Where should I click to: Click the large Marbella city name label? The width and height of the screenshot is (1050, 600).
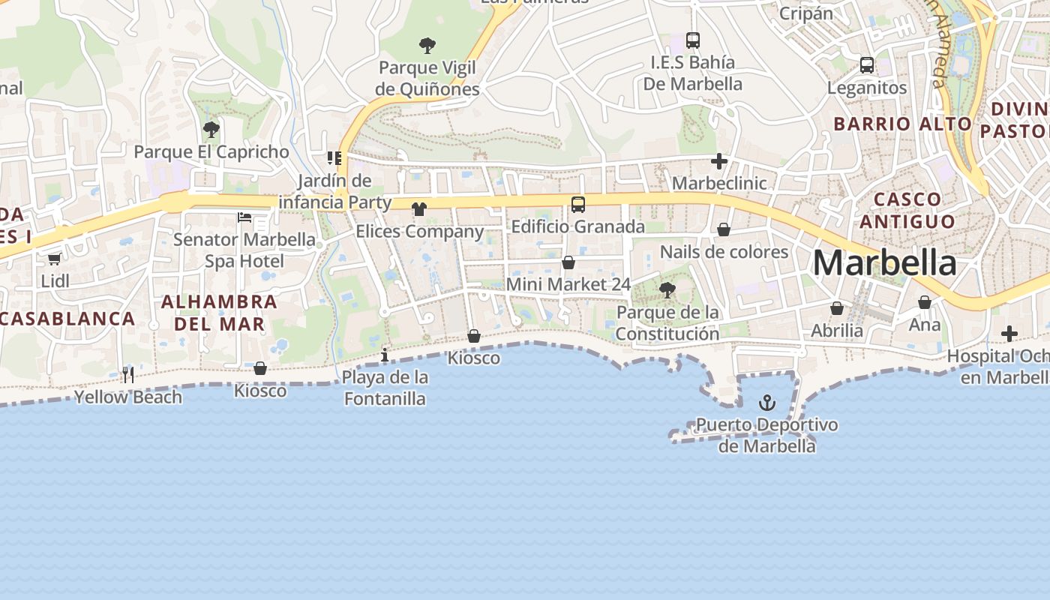tap(884, 263)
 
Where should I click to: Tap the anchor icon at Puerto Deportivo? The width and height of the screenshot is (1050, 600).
tap(766, 403)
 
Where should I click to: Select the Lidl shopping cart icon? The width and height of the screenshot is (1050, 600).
tap(54, 259)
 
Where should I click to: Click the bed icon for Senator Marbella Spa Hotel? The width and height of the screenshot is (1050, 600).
tap(244, 217)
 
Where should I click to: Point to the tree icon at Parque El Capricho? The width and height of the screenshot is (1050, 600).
tap(211, 130)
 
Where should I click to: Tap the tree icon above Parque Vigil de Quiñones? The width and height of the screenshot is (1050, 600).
tap(427, 46)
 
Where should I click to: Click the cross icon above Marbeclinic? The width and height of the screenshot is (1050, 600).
tap(719, 160)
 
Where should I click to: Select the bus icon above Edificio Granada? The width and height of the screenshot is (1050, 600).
tap(578, 204)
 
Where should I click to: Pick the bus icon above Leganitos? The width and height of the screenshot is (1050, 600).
tap(867, 65)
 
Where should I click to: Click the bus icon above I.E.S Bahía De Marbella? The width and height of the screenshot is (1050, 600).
tap(693, 40)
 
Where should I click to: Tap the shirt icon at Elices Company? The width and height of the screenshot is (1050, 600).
tap(419, 209)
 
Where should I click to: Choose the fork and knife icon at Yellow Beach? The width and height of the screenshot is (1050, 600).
tap(128, 374)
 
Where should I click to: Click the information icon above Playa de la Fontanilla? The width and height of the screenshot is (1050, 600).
tap(385, 355)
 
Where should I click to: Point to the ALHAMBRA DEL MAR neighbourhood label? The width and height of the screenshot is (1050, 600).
tap(219, 313)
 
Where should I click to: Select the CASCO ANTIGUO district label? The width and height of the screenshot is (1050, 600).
tap(907, 210)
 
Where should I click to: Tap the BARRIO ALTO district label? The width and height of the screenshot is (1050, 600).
tap(902, 124)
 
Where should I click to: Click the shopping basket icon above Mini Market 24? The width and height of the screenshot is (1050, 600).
tap(568, 262)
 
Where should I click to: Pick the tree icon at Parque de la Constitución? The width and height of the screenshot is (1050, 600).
tap(667, 290)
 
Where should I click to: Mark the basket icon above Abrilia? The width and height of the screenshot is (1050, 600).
tap(837, 308)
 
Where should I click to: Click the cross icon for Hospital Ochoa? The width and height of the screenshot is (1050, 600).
tap(1009, 333)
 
